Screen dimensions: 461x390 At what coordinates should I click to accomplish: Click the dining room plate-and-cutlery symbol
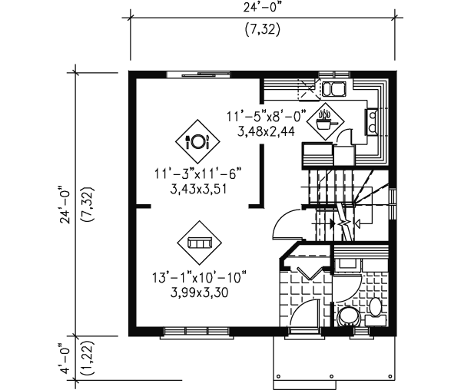197,141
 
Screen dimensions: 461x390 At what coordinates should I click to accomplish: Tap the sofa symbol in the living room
199,243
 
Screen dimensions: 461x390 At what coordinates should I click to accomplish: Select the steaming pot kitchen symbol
325,121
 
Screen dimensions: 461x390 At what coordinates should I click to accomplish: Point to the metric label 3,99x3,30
199,292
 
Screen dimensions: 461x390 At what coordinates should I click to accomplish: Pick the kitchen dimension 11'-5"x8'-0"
266,116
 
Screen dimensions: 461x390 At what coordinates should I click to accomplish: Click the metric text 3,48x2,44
266,132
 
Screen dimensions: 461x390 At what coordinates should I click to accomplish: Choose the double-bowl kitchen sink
333,89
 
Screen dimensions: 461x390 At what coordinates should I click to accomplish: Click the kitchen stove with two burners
372,121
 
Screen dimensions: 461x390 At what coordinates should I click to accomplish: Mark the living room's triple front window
197,332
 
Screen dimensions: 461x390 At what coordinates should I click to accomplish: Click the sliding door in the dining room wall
198,74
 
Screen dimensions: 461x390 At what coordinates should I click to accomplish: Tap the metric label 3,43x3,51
199,190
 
